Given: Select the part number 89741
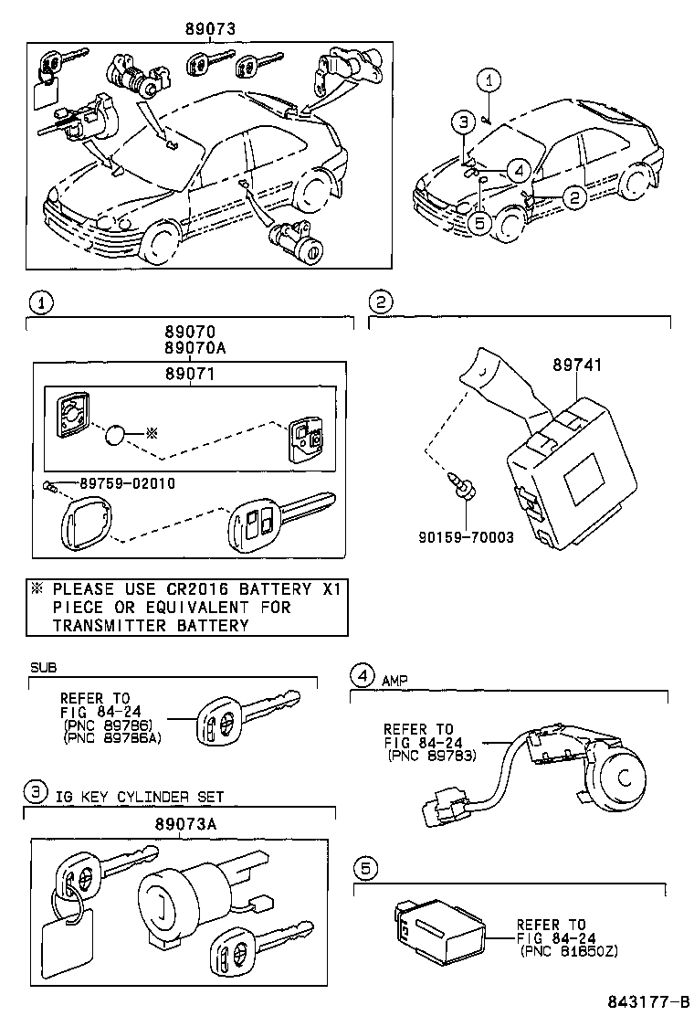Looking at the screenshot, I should pos(577,364).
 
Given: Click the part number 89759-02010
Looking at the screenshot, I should pos(127,483).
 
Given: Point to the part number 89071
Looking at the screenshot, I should pos(189,374).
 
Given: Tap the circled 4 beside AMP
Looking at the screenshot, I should pos(363,676).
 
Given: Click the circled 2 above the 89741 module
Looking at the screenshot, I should pos(380,302).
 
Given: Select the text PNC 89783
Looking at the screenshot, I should pos(428,756).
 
